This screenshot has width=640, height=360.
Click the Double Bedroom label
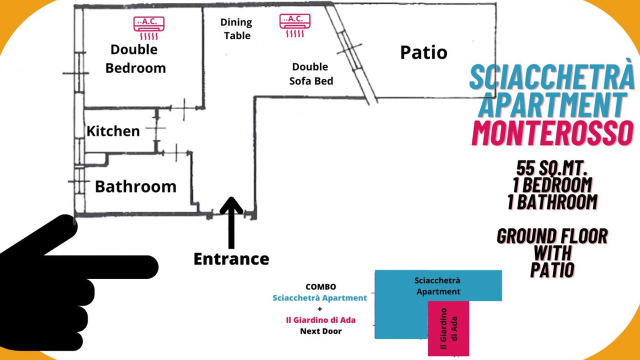135,58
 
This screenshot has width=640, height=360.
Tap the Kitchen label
113,131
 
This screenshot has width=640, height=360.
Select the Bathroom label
135,186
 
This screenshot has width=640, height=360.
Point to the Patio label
423,52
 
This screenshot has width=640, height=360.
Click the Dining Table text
236,29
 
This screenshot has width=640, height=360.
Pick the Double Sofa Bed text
310,73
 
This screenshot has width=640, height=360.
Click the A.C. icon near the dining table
295,25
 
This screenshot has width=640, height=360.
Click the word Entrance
231,259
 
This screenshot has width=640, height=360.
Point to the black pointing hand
70,280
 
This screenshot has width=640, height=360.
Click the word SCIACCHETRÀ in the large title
551,76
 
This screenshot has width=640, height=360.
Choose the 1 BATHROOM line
552,202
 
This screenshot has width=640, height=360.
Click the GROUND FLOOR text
552,235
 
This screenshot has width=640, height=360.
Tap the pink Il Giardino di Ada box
448,328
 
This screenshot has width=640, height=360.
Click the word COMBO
320,287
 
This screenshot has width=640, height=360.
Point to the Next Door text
320,331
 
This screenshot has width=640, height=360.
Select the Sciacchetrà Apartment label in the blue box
438,285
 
